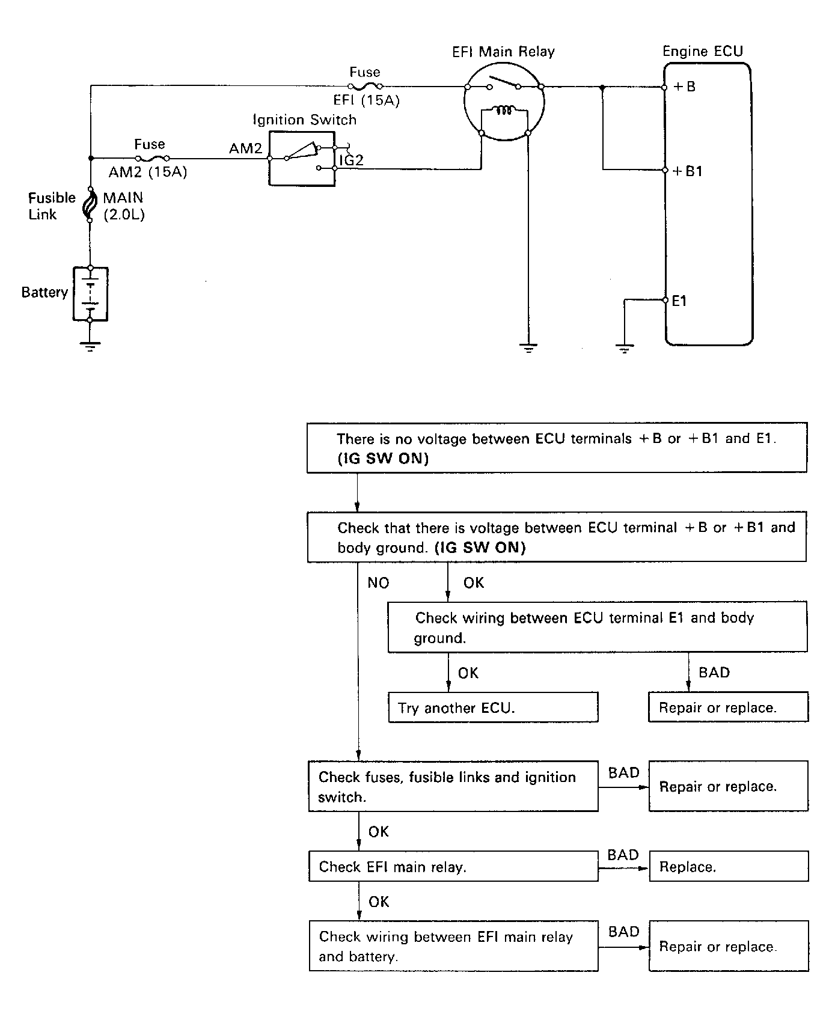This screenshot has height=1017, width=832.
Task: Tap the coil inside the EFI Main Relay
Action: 504,110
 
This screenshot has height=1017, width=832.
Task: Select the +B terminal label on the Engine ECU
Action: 684,87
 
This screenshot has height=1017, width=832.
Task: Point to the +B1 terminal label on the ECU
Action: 687,171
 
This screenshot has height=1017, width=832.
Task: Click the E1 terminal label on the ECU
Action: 679,301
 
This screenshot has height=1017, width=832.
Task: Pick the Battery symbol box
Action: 90,294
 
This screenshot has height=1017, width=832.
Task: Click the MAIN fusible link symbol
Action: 90,205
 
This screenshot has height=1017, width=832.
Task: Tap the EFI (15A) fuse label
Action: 366,100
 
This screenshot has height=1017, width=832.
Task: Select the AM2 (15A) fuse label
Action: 148,173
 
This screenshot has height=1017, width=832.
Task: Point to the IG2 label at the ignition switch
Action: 351,160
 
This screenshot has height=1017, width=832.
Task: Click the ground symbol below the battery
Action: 90,346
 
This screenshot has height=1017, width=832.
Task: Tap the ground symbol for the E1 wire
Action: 625,348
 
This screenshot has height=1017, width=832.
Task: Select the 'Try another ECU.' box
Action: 493,707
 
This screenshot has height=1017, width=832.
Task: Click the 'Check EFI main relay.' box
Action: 453,866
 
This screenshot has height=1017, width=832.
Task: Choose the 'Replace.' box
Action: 729,867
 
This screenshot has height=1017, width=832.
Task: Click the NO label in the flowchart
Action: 378,583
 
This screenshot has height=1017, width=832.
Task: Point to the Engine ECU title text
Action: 703,52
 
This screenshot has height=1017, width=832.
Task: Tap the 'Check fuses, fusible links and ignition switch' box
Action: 453,786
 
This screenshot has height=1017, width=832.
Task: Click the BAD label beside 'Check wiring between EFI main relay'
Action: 623,932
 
